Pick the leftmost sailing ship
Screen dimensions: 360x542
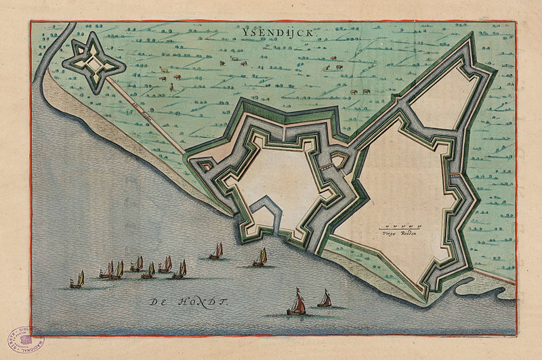pos(77,280)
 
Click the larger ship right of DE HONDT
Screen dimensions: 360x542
pos(297,302)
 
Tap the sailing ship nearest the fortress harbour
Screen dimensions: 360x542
pos(260,258)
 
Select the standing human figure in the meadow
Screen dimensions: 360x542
pos(172,87)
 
